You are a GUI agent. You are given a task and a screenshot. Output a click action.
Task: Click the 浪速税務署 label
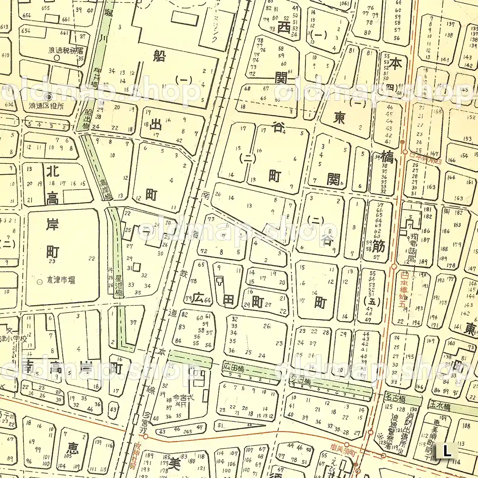click(66, 51)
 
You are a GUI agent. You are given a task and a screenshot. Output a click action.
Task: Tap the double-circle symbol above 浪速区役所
click(49, 97)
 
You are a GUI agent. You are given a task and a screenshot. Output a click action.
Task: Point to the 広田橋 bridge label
click(234, 367)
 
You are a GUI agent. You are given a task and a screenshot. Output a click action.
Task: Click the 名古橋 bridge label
click(395, 398)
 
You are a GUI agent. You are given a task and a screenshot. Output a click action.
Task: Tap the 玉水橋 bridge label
click(439, 407)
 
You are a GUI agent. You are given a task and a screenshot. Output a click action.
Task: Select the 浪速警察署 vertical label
click(396, 429)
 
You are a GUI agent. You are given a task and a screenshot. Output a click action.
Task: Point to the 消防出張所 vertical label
click(410, 428)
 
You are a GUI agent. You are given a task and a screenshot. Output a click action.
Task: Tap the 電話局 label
click(411, 250)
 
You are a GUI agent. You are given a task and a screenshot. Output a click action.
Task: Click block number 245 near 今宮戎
click(187, 431)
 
